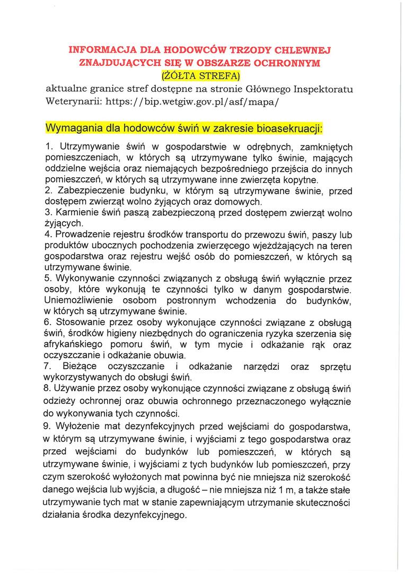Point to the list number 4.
click(48, 235)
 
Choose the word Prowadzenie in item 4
click(80, 235)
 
